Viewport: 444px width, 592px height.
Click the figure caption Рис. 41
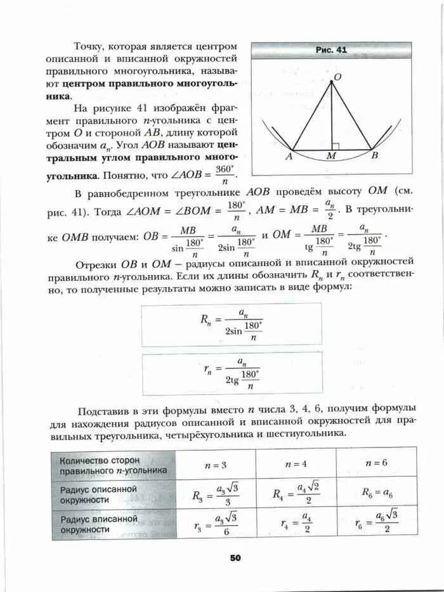(x=331, y=49)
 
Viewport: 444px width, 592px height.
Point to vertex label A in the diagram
(x=288, y=155)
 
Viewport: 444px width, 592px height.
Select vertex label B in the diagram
(x=374, y=154)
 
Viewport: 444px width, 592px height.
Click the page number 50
(x=235, y=558)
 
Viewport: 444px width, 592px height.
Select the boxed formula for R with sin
(x=231, y=324)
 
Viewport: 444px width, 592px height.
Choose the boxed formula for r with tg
(x=231, y=373)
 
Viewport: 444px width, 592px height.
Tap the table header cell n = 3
(x=216, y=465)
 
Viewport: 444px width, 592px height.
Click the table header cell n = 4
(x=296, y=464)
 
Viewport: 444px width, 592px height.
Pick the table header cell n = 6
(x=376, y=463)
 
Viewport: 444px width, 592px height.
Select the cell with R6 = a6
(x=377, y=492)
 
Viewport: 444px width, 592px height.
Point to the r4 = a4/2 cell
(x=296, y=523)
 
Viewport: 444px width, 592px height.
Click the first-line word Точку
(x=89, y=46)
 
